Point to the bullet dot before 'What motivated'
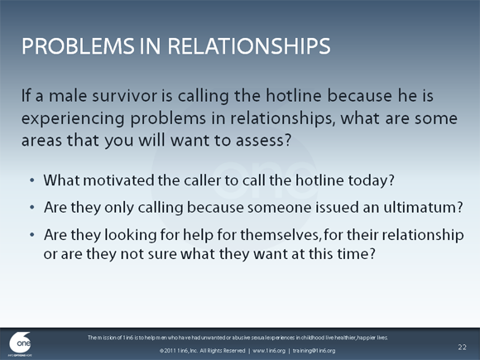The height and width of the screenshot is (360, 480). [31, 180]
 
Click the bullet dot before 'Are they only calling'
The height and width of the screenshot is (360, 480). [31, 206]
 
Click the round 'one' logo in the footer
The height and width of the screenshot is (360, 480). [20, 343]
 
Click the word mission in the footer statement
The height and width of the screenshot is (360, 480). [119, 338]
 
